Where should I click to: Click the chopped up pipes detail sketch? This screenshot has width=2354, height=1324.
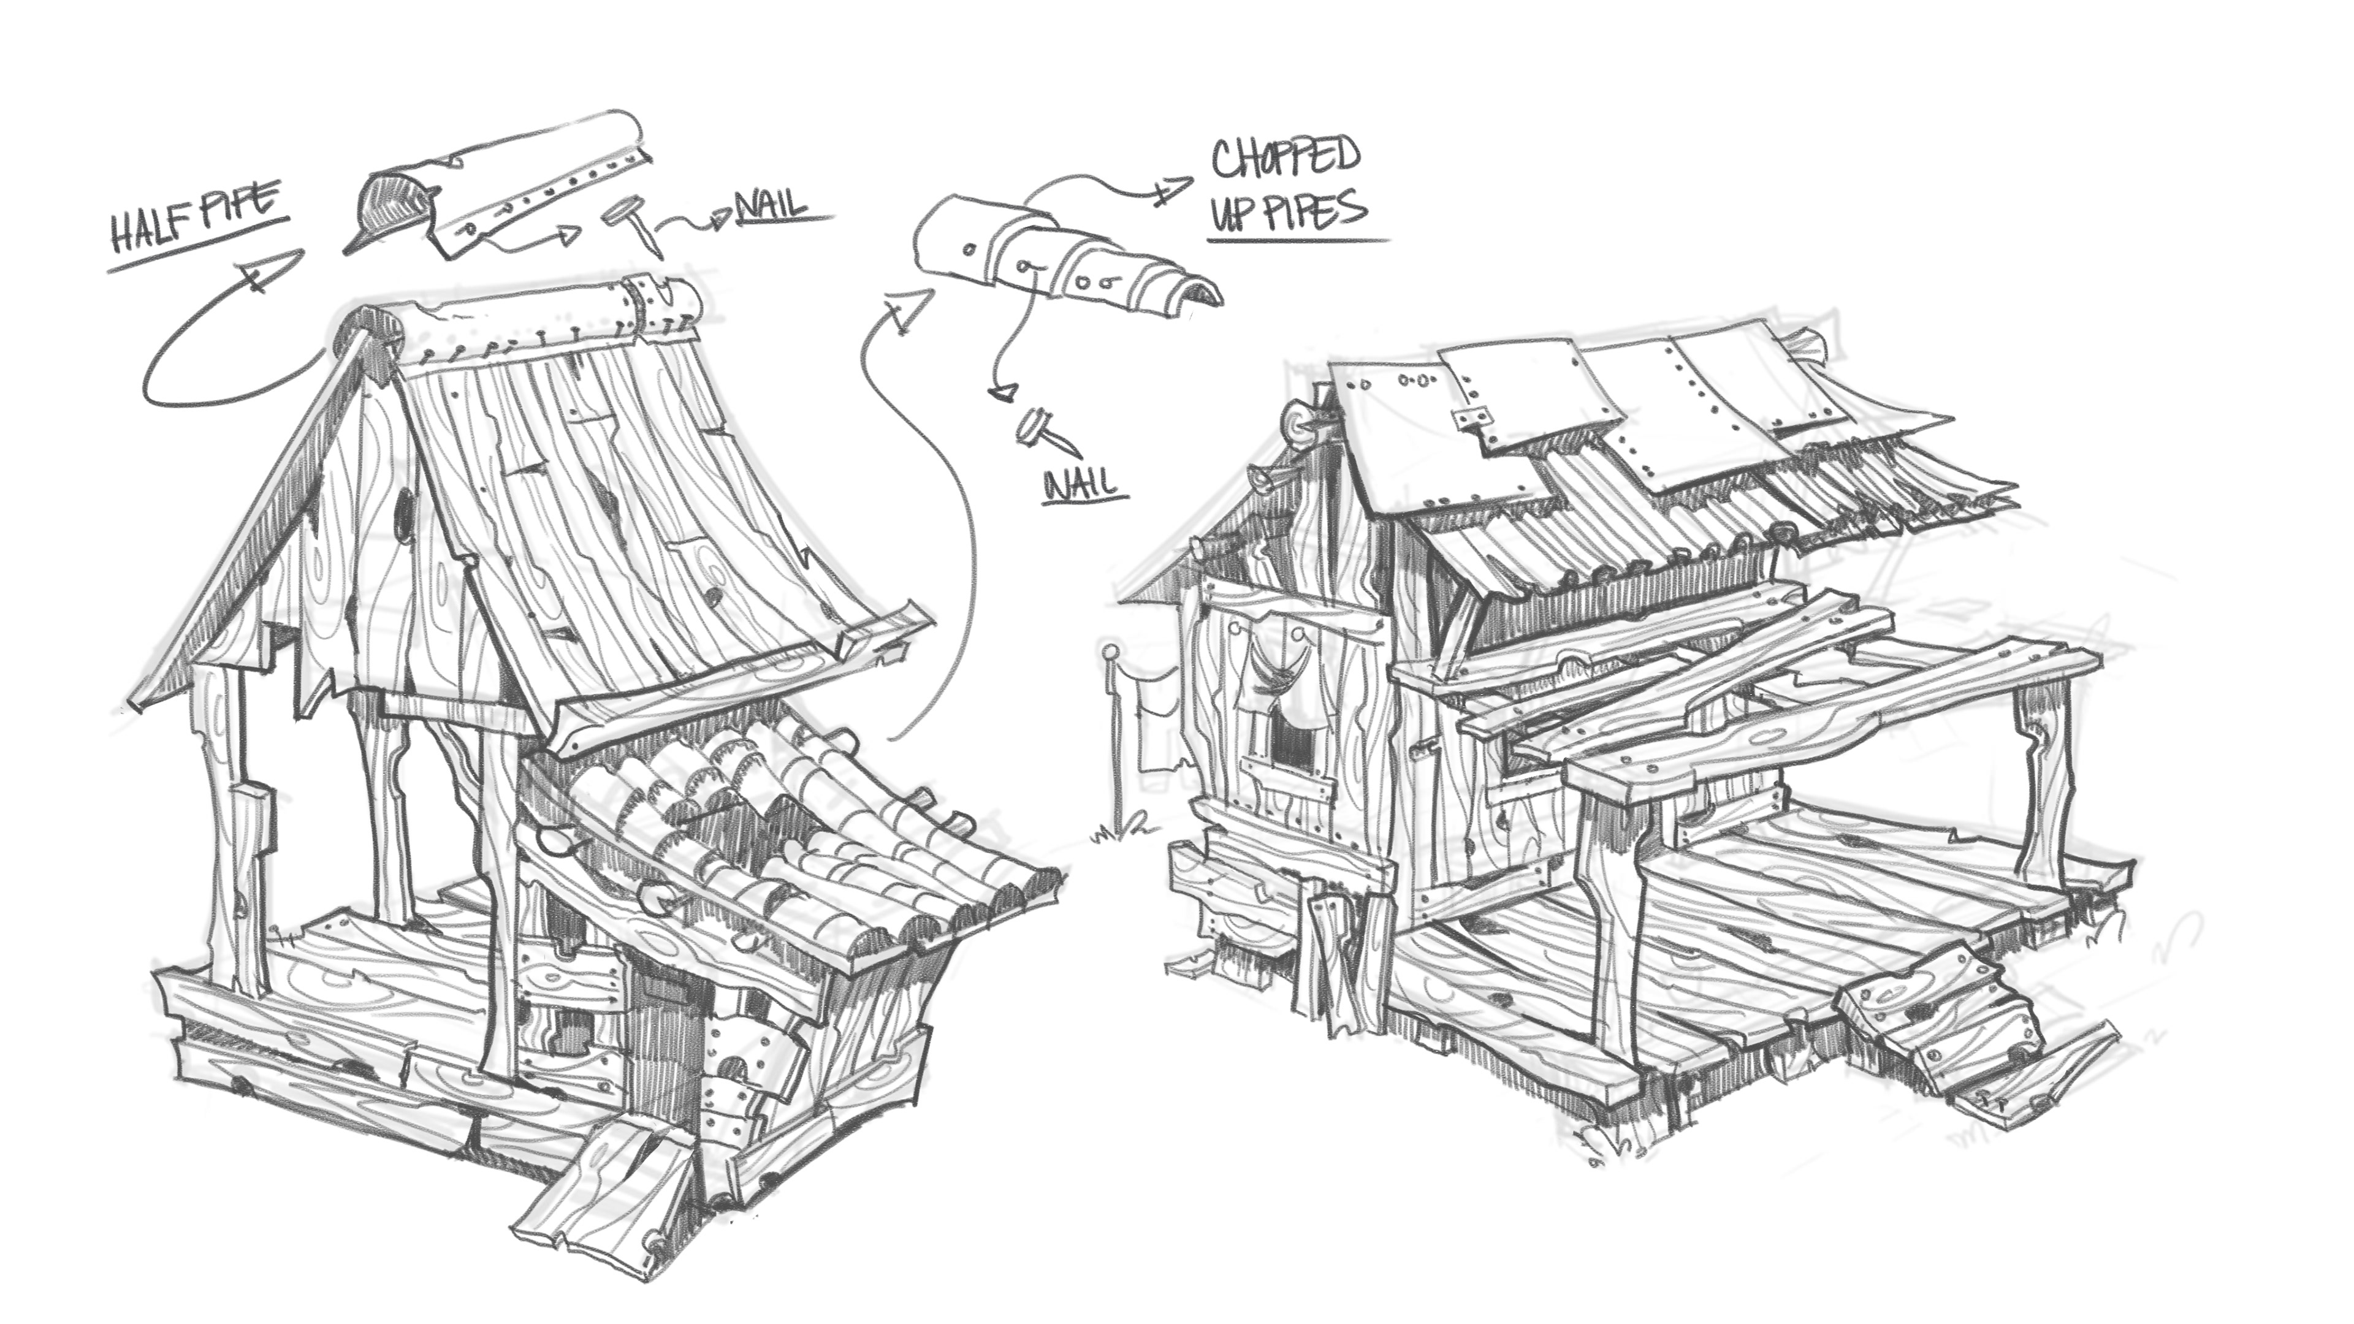(x=1060, y=265)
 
